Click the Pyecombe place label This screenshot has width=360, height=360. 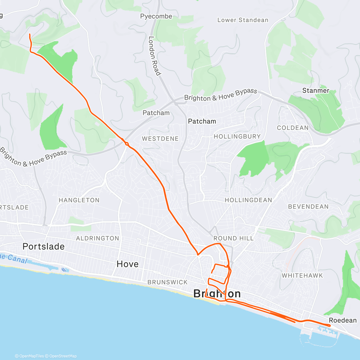pyautogui.click(x=156, y=16)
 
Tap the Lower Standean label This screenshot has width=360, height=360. pyautogui.click(x=243, y=20)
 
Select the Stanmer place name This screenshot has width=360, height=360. pyautogui.click(x=316, y=91)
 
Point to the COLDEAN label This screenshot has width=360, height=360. pyautogui.click(x=292, y=128)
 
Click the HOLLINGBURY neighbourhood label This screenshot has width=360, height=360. pyautogui.click(x=237, y=136)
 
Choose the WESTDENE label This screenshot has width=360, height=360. pyautogui.click(x=160, y=139)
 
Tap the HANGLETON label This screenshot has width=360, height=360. pyautogui.click(x=79, y=200)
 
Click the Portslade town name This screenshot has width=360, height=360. pyautogui.click(x=43, y=247)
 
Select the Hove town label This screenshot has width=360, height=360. pyautogui.click(x=127, y=264)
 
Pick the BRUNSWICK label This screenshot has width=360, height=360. pyautogui.click(x=167, y=282)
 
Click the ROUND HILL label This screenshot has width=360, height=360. pyautogui.click(x=233, y=238)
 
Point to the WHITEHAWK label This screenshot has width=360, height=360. pyautogui.click(x=302, y=275)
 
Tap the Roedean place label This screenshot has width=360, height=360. pyautogui.click(x=343, y=320)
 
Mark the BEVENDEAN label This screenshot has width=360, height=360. pyautogui.click(x=308, y=207)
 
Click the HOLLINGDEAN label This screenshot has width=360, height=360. pyautogui.click(x=248, y=200)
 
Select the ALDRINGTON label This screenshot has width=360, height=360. pyautogui.click(x=97, y=238)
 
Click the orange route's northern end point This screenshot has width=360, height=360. pyautogui.click(x=29, y=35)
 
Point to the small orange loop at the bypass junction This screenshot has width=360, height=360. pyautogui.click(x=127, y=144)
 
